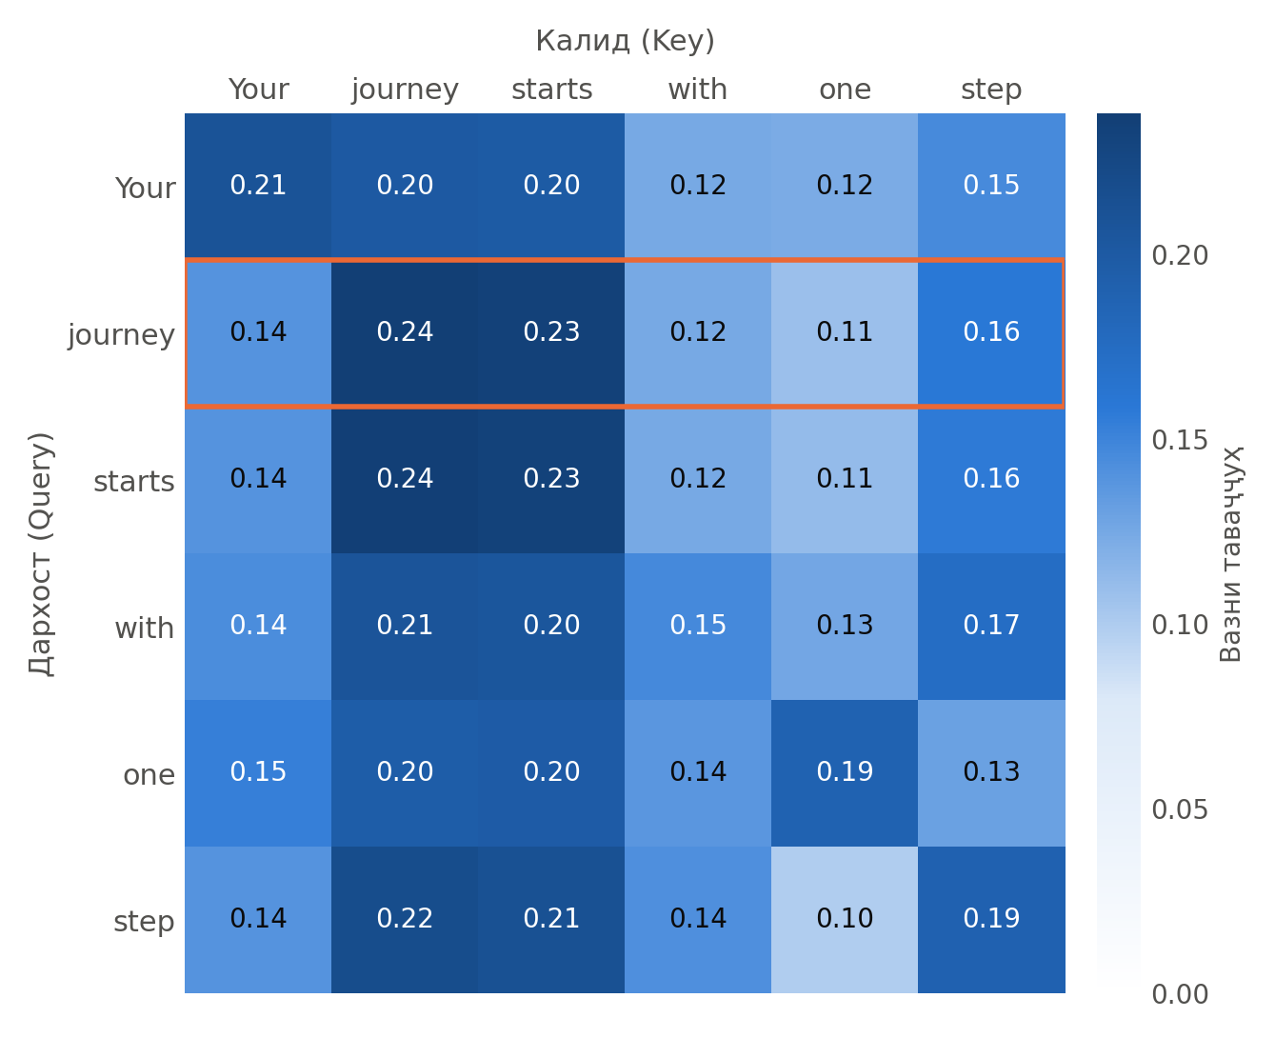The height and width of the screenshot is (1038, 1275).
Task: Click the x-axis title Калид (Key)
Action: coord(625,41)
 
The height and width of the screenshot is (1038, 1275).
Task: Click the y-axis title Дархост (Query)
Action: coord(42,553)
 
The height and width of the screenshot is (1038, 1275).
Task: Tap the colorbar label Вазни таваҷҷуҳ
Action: coord(1230,553)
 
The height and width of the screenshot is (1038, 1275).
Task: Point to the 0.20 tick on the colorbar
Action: coord(1180,255)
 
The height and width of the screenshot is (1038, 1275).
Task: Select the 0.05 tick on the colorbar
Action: coord(1180,809)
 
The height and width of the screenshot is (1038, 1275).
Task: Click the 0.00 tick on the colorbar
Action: coord(1180,994)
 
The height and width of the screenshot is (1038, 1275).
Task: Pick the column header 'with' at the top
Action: coord(698,90)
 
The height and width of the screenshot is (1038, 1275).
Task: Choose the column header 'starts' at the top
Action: coord(552,90)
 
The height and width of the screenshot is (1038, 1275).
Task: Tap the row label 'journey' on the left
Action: coord(121,334)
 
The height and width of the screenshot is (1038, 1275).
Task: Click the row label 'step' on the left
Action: coord(144,921)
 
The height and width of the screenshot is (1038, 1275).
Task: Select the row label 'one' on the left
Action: coord(149,774)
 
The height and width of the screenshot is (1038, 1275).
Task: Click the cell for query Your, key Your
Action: coord(258,186)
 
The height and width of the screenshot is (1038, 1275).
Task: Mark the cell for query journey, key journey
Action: coord(405,333)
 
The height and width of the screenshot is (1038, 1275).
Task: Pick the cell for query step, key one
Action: coord(845,920)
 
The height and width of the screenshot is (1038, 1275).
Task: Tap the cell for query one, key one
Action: coord(845,773)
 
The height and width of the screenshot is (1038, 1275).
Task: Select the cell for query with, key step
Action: coord(991,627)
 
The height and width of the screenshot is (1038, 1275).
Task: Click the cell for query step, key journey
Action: coord(405,920)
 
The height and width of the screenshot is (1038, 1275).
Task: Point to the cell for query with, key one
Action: coord(845,627)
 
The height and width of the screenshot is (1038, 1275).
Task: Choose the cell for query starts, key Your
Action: coord(258,480)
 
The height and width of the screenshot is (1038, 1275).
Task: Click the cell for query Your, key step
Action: coord(991,186)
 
